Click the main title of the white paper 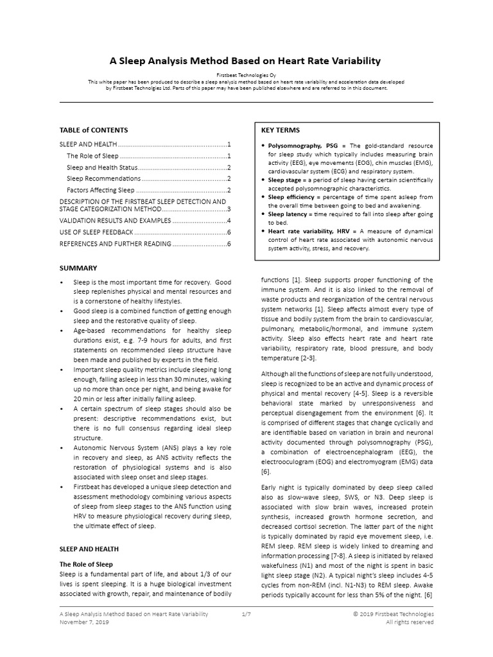[246, 61]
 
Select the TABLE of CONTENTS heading [94, 130]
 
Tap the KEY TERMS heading [281, 130]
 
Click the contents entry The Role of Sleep [92, 156]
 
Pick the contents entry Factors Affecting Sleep [101, 190]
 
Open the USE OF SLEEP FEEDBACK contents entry [97, 232]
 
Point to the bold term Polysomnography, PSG [301, 146]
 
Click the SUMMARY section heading [78, 268]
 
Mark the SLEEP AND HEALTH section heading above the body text [89, 549]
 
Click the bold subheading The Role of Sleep [86, 564]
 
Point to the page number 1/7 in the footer [246, 614]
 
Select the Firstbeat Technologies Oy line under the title [246, 75]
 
